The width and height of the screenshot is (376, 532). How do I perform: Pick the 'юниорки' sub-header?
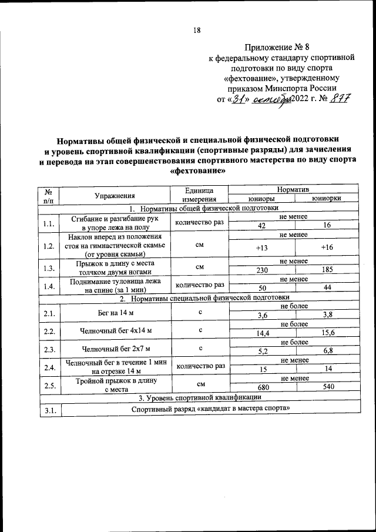point(327,199)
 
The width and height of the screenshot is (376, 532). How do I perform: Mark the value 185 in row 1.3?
point(327,270)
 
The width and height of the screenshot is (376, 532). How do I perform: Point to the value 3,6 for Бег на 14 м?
point(263,316)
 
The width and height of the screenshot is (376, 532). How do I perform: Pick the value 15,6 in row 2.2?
point(327,334)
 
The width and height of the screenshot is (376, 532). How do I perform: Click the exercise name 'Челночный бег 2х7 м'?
point(115,349)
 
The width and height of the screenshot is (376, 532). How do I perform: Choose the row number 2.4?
point(49,368)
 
